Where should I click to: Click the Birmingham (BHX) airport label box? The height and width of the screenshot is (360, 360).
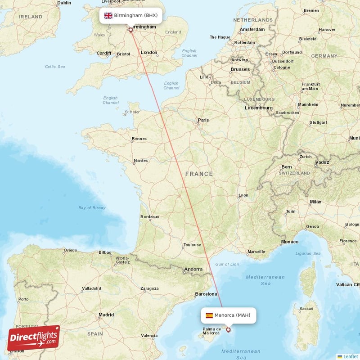[x=130, y=15]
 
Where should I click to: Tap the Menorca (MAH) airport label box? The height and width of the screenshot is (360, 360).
[x=229, y=315]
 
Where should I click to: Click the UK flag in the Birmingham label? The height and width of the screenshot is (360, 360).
[x=108, y=15]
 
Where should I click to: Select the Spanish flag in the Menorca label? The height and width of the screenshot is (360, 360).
[x=209, y=315]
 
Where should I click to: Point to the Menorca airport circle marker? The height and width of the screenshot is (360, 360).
[x=228, y=330]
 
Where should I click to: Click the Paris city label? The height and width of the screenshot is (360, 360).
[x=203, y=120]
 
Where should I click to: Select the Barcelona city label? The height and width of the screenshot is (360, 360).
[x=206, y=294]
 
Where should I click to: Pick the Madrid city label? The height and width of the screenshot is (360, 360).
[x=106, y=315]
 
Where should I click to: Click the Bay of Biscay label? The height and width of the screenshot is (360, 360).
[x=92, y=207]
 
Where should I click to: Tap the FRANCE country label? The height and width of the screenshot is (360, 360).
[x=199, y=174]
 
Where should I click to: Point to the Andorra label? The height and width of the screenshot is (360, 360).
[x=193, y=270]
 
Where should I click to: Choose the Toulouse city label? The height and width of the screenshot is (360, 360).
[x=192, y=245]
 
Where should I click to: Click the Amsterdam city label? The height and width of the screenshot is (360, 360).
[x=252, y=30]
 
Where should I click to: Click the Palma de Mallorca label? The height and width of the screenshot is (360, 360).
[x=211, y=332]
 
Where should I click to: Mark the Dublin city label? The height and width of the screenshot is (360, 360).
[x=64, y=3]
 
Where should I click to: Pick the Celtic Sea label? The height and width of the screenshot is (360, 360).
[x=55, y=67]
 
